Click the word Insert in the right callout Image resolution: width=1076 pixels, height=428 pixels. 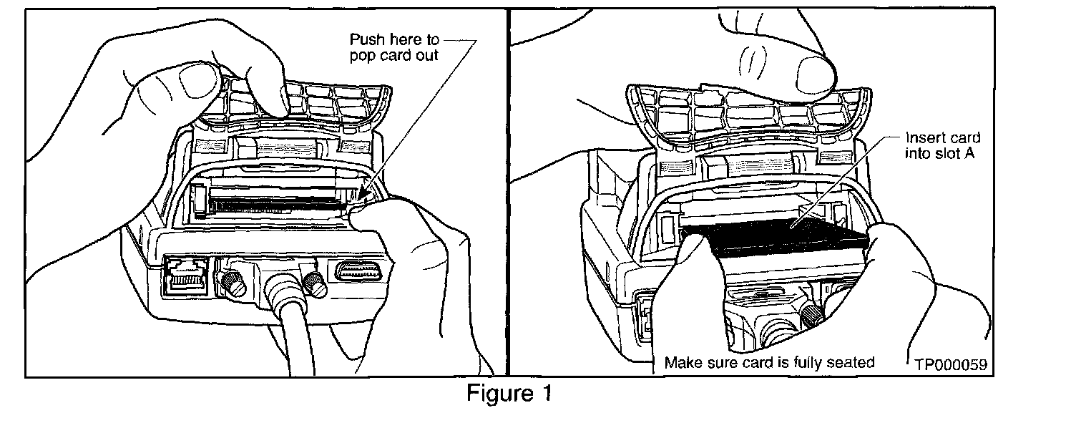923,137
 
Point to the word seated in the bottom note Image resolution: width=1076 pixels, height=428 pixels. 851,362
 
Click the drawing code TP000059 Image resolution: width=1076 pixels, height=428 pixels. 951,364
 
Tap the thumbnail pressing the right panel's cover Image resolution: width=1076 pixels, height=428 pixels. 813,72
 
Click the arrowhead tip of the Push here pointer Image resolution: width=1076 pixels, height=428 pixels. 363,195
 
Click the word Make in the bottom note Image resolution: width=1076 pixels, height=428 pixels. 682,362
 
